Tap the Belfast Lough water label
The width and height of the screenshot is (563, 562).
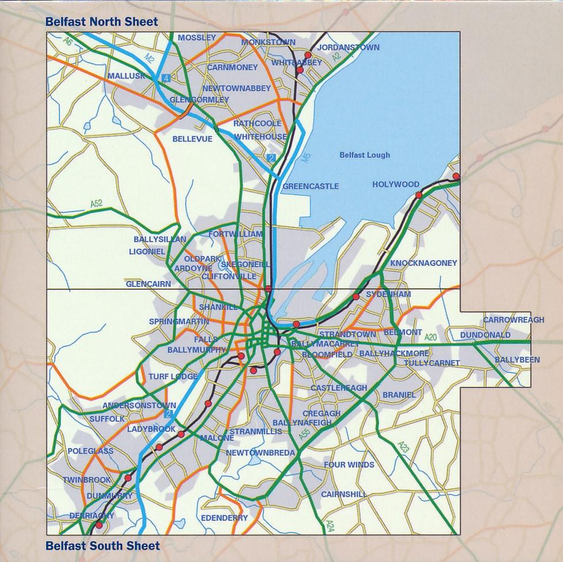pyautogui.click(x=364, y=155)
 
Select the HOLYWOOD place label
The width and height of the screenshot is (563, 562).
pyautogui.click(x=396, y=184)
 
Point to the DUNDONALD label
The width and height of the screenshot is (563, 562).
pyautogui.click(x=485, y=335)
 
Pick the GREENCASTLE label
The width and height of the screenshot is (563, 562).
pyautogui.click(x=311, y=187)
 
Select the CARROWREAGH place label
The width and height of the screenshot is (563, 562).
pyautogui.click(x=505, y=320)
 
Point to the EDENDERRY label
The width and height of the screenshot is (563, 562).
pyautogui.click(x=224, y=518)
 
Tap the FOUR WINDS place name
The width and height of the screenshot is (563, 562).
pyautogui.click(x=349, y=465)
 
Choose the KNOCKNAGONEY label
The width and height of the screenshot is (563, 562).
pyautogui.click(x=424, y=263)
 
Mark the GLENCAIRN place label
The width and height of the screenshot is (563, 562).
pyautogui.click(x=149, y=284)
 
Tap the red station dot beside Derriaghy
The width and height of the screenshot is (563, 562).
pyautogui.click(x=99, y=525)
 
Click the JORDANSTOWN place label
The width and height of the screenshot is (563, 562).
pyautogui.click(x=348, y=48)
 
